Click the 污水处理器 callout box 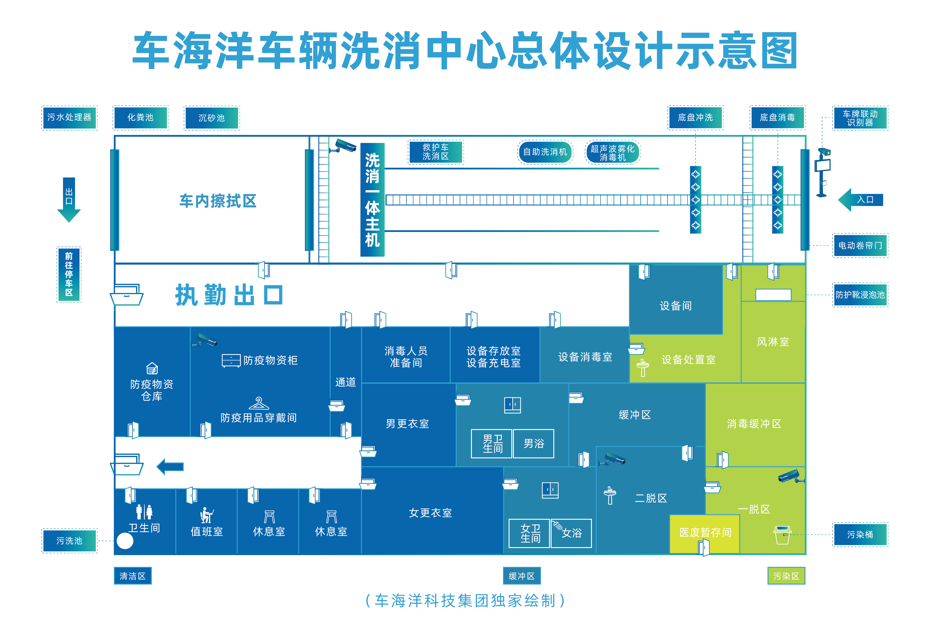click(x=69, y=118)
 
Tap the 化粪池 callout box click(x=140, y=118)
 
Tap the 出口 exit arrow click(x=69, y=199)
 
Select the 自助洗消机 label click(x=545, y=152)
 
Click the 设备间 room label click(x=675, y=306)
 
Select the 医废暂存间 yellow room click(x=705, y=533)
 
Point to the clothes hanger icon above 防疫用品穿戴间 click(x=259, y=403)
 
